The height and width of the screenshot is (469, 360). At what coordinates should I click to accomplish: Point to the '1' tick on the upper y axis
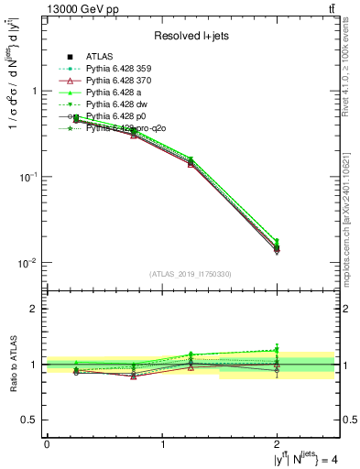pyautogui.click(x=35, y=92)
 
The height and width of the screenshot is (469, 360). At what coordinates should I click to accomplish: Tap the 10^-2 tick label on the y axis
pyautogui.click(x=31, y=263)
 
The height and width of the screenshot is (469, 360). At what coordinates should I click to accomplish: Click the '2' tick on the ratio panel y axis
pyautogui.click(x=35, y=310)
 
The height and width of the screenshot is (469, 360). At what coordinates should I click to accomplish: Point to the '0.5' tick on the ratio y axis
pyautogui.click(x=31, y=420)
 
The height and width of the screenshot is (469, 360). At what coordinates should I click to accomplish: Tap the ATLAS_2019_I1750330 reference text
pyautogui.click(x=191, y=273)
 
